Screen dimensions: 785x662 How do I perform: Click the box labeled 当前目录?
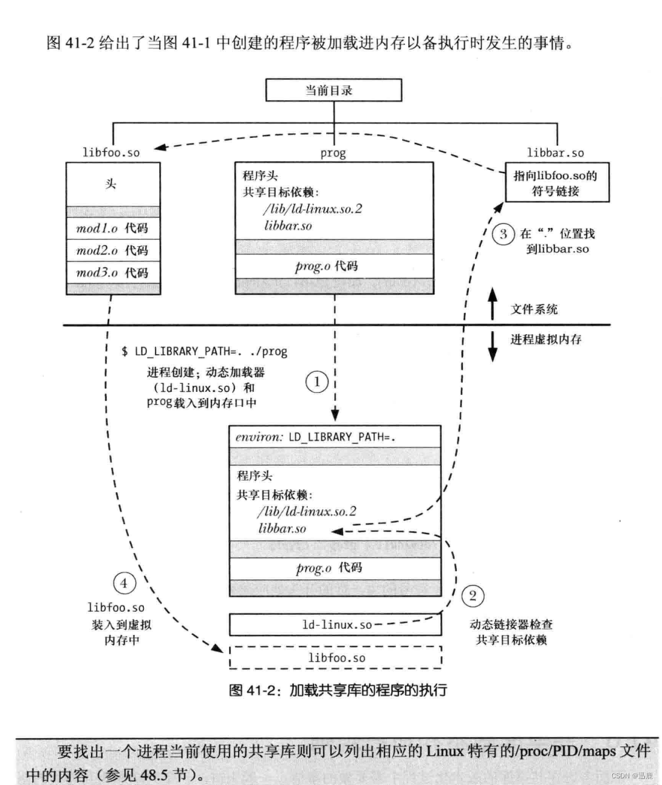tap(333, 91)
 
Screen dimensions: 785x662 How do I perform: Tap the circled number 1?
tap(316, 382)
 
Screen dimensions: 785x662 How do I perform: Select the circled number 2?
tap(473, 595)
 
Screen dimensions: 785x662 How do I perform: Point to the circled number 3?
tap(503, 234)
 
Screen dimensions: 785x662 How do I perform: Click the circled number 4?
tap(124, 583)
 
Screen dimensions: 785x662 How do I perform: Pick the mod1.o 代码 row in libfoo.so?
tap(113, 228)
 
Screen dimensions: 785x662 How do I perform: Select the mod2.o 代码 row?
tap(113, 250)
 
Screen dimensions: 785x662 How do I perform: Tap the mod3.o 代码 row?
tap(113, 273)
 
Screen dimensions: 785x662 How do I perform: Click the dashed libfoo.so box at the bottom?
tap(335, 657)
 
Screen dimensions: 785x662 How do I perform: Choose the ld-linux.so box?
tap(335, 625)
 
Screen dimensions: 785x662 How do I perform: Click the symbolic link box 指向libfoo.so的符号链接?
tap(556, 183)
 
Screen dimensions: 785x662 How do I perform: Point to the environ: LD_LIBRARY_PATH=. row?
tap(334, 437)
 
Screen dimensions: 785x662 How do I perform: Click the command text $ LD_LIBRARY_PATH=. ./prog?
tap(204, 351)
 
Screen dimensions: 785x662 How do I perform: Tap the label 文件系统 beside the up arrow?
tap(534, 309)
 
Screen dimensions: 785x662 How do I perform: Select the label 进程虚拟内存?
tap(545, 340)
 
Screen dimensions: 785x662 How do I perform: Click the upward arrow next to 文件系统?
tap(493, 304)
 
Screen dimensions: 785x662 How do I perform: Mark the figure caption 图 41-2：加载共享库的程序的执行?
tap(338, 690)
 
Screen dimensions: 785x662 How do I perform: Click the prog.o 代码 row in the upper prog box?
tap(334, 266)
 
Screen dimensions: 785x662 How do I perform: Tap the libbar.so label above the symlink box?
tap(555, 153)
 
